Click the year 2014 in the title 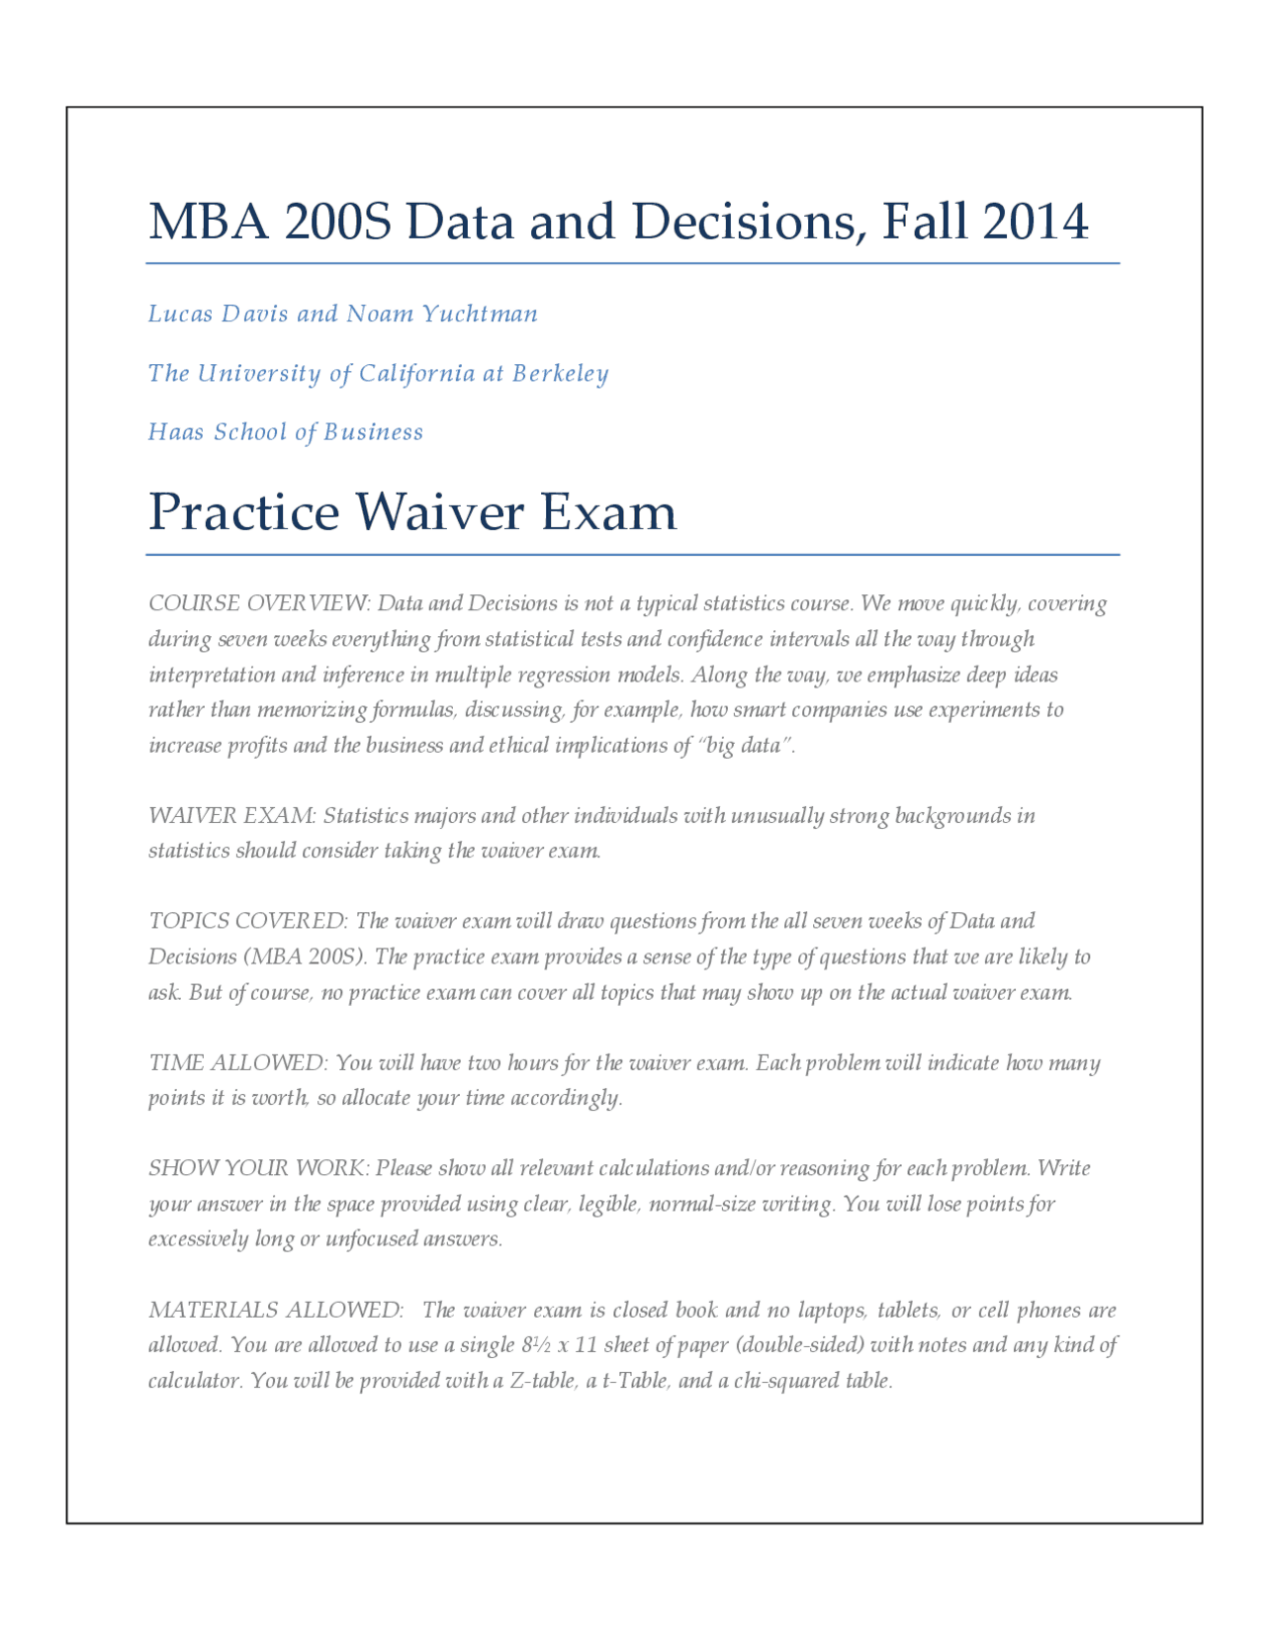[x=1036, y=222]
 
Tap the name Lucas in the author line [x=180, y=314]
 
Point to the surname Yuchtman [x=480, y=314]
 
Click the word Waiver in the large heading [x=439, y=512]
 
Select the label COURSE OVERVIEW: [x=259, y=603]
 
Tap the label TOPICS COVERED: [x=247, y=921]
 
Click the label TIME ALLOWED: [x=237, y=1063]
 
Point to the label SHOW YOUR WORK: [x=259, y=1168]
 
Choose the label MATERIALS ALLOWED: [x=276, y=1311]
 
